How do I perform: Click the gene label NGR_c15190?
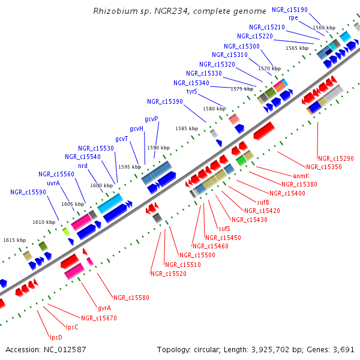290,10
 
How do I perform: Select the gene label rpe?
293,18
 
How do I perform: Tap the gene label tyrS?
192,92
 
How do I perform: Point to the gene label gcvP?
152,119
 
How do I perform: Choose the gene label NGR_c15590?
28,193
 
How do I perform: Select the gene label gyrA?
104,308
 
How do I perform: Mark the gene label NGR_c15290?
336,158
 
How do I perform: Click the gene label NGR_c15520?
168,274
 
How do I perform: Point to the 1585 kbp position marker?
187,128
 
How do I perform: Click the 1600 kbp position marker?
101,186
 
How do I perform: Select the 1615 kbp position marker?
14,240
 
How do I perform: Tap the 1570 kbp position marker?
269,69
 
